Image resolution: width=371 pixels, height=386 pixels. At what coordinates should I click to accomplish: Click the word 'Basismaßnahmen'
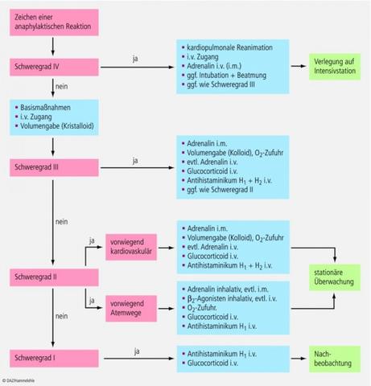pyautogui.click(x=46, y=105)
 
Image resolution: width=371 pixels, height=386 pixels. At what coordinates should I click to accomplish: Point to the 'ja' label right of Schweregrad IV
pyautogui.click(x=134, y=58)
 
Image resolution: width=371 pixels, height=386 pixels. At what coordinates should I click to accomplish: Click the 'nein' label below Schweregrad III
pyautogui.click(x=61, y=220)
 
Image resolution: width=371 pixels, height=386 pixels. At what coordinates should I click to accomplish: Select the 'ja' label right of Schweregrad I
pyautogui.click(x=135, y=351)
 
